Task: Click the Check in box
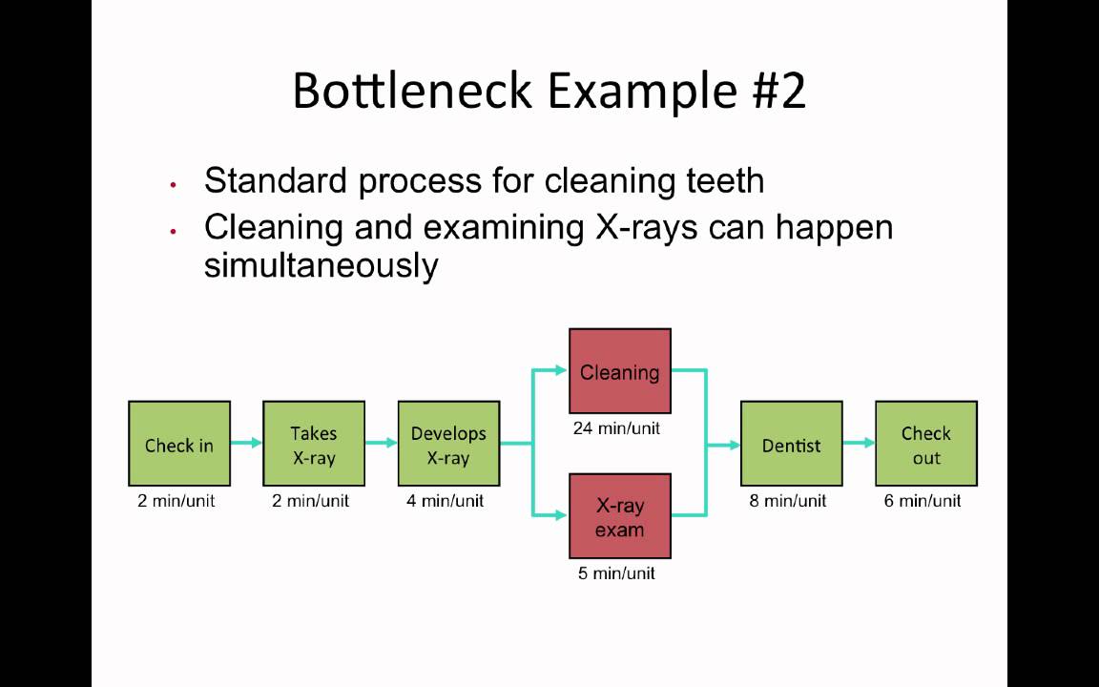tap(179, 444)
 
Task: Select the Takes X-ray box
tap(314, 444)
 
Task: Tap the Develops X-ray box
tap(448, 444)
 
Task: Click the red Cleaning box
tap(620, 372)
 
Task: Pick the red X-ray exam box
tap(620, 516)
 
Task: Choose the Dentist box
tap(792, 444)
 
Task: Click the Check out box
tap(926, 444)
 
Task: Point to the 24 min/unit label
tap(616, 428)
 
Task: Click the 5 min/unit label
tap(616, 573)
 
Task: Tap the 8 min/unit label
tap(788, 501)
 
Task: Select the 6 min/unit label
tap(923, 501)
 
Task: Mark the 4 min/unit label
tap(445, 501)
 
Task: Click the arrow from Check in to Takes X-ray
tap(246, 443)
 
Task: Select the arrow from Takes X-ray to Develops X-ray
tap(381, 443)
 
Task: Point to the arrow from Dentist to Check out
tap(859, 443)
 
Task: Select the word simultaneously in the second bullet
tap(321, 265)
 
